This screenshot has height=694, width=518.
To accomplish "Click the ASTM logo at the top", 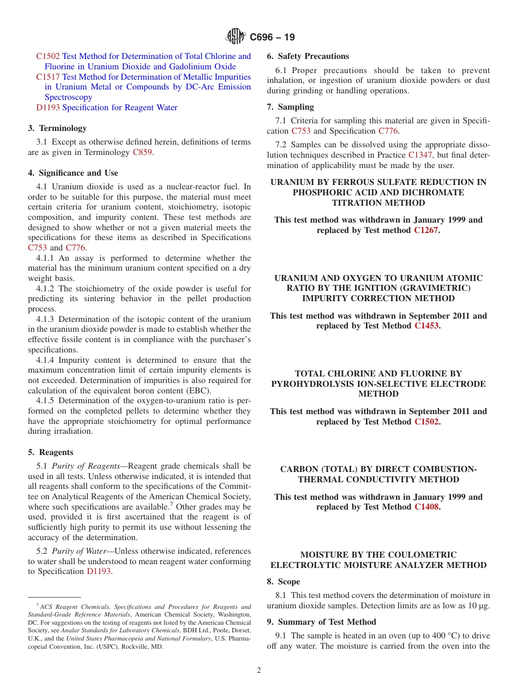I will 236,37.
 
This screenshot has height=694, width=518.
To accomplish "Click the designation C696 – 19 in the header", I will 272,37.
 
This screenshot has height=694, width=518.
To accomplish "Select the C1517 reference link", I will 48,77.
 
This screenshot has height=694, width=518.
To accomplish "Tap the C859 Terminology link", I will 142,152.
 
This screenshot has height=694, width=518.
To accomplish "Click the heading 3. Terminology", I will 57,128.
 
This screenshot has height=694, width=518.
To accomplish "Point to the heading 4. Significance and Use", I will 73,173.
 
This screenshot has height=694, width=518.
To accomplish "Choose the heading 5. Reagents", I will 50,452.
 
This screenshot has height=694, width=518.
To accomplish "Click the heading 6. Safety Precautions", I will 308,56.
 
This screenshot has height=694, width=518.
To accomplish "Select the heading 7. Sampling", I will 290,107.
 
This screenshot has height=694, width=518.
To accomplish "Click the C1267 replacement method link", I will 426,230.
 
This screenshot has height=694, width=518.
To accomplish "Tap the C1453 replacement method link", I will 426,326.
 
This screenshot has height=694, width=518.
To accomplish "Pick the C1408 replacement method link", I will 426,507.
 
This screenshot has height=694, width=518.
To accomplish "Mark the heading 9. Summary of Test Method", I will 321,622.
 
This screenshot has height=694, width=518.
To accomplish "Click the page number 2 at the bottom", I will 259,671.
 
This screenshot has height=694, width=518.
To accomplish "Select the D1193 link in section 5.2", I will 99,571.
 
